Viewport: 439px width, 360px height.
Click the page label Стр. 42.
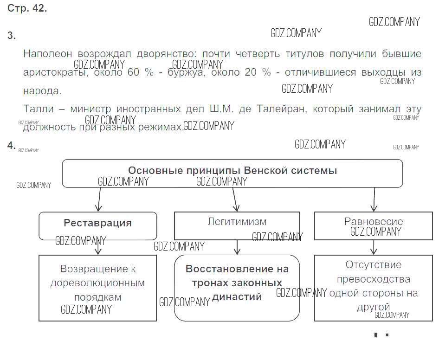[27, 9]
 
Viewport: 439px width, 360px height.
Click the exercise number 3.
[12, 36]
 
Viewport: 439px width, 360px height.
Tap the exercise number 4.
[12, 146]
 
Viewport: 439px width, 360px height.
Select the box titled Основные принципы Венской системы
[232, 173]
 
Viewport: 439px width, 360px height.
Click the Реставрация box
[97, 225]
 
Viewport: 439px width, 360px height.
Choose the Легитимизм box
[237, 225]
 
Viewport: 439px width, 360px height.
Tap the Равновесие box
[373, 225]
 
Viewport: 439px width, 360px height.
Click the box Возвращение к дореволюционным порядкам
[97, 288]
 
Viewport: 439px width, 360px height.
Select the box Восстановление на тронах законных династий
[237, 288]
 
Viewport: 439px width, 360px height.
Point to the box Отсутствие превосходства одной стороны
[373, 288]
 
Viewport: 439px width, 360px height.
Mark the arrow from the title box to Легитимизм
[235, 199]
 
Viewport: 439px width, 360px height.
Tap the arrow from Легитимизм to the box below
[237, 247]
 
